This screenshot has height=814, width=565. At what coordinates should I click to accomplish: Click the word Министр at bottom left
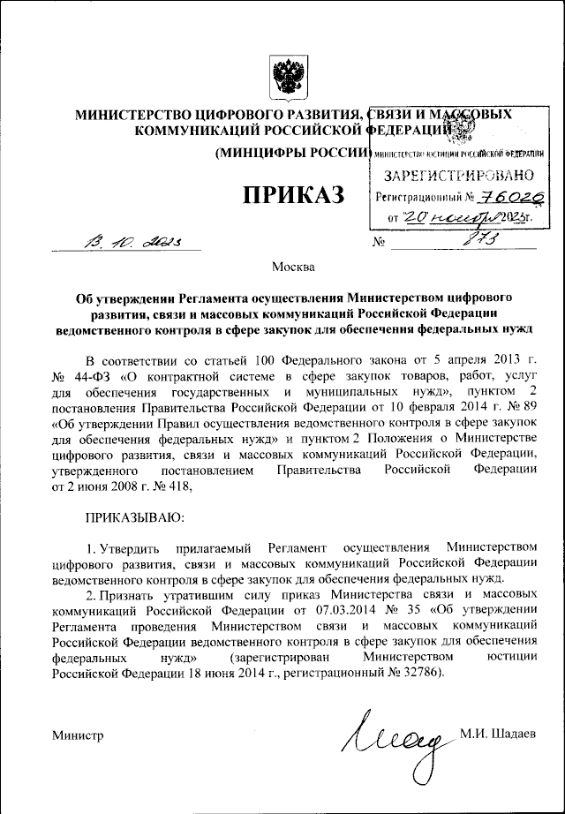click(78, 735)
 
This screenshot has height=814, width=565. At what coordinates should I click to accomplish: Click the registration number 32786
click(416, 675)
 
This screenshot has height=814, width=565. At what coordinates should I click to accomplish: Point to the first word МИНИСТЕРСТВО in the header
click(131, 115)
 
